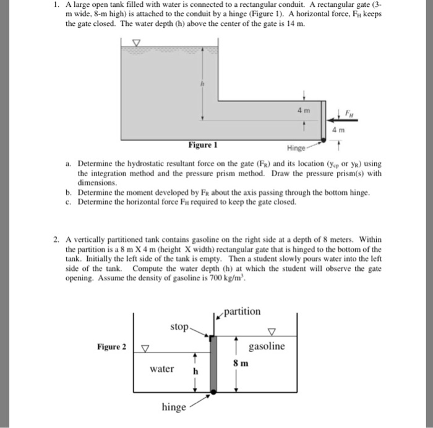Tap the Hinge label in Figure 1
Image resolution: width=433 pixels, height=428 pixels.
click(x=296, y=148)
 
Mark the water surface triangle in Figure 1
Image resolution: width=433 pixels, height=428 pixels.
click(x=137, y=43)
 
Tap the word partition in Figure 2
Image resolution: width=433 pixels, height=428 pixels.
click(x=243, y=310)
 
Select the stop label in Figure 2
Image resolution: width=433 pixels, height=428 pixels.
click(x=178, y=325)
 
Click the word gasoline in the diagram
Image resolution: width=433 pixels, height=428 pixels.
click(x=267, y=346)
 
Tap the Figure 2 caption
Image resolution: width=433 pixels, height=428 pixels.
click(x=112, y=346)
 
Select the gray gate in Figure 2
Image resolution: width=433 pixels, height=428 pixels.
click(x=213, y=365)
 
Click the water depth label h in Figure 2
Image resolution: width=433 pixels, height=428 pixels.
click(x=195, y=371)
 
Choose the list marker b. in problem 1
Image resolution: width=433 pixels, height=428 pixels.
click(x=69, y=193)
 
